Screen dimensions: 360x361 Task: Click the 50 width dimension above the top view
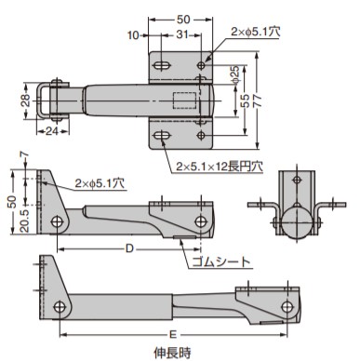click(x=183, y=20)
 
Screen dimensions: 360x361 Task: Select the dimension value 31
click(x=182, y=34)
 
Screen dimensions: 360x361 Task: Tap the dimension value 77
click(x=257, y=100)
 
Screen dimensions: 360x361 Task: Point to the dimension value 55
click(x=245, y=100)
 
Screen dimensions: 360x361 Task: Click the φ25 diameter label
click(x=235, y=74)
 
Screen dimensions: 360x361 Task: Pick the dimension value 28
click(x=26, y=100)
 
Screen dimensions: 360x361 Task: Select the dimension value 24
click(x=52, y=131)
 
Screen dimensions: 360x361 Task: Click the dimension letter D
click(x=129, y=248)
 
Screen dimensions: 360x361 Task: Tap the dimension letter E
click(x=173, y=334)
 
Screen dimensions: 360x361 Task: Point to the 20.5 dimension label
click(x=24, y=221)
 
